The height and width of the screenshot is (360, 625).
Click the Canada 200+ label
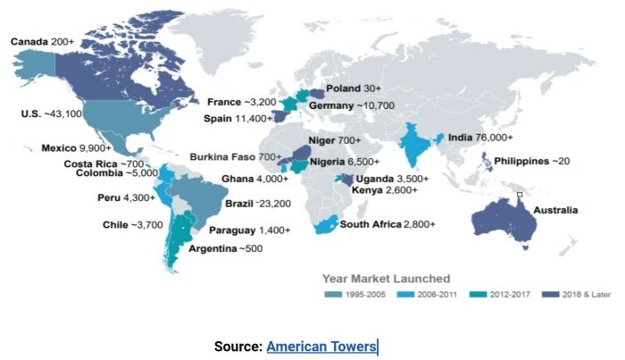pos(42,41)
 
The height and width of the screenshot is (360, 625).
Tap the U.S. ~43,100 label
pos(52,114)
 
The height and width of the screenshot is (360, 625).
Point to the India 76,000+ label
pos(481,138)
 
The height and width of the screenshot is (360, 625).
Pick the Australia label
pos(554,211)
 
